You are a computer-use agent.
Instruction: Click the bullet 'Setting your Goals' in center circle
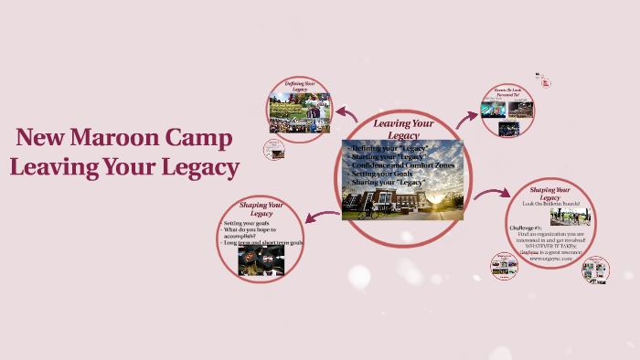click(x=384, y=174)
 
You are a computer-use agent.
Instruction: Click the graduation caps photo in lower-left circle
click(x=261, y=261)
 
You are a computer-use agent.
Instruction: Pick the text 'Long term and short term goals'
click(x=263, y=242)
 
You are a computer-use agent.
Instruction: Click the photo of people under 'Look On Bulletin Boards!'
click(x=571, y=217)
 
